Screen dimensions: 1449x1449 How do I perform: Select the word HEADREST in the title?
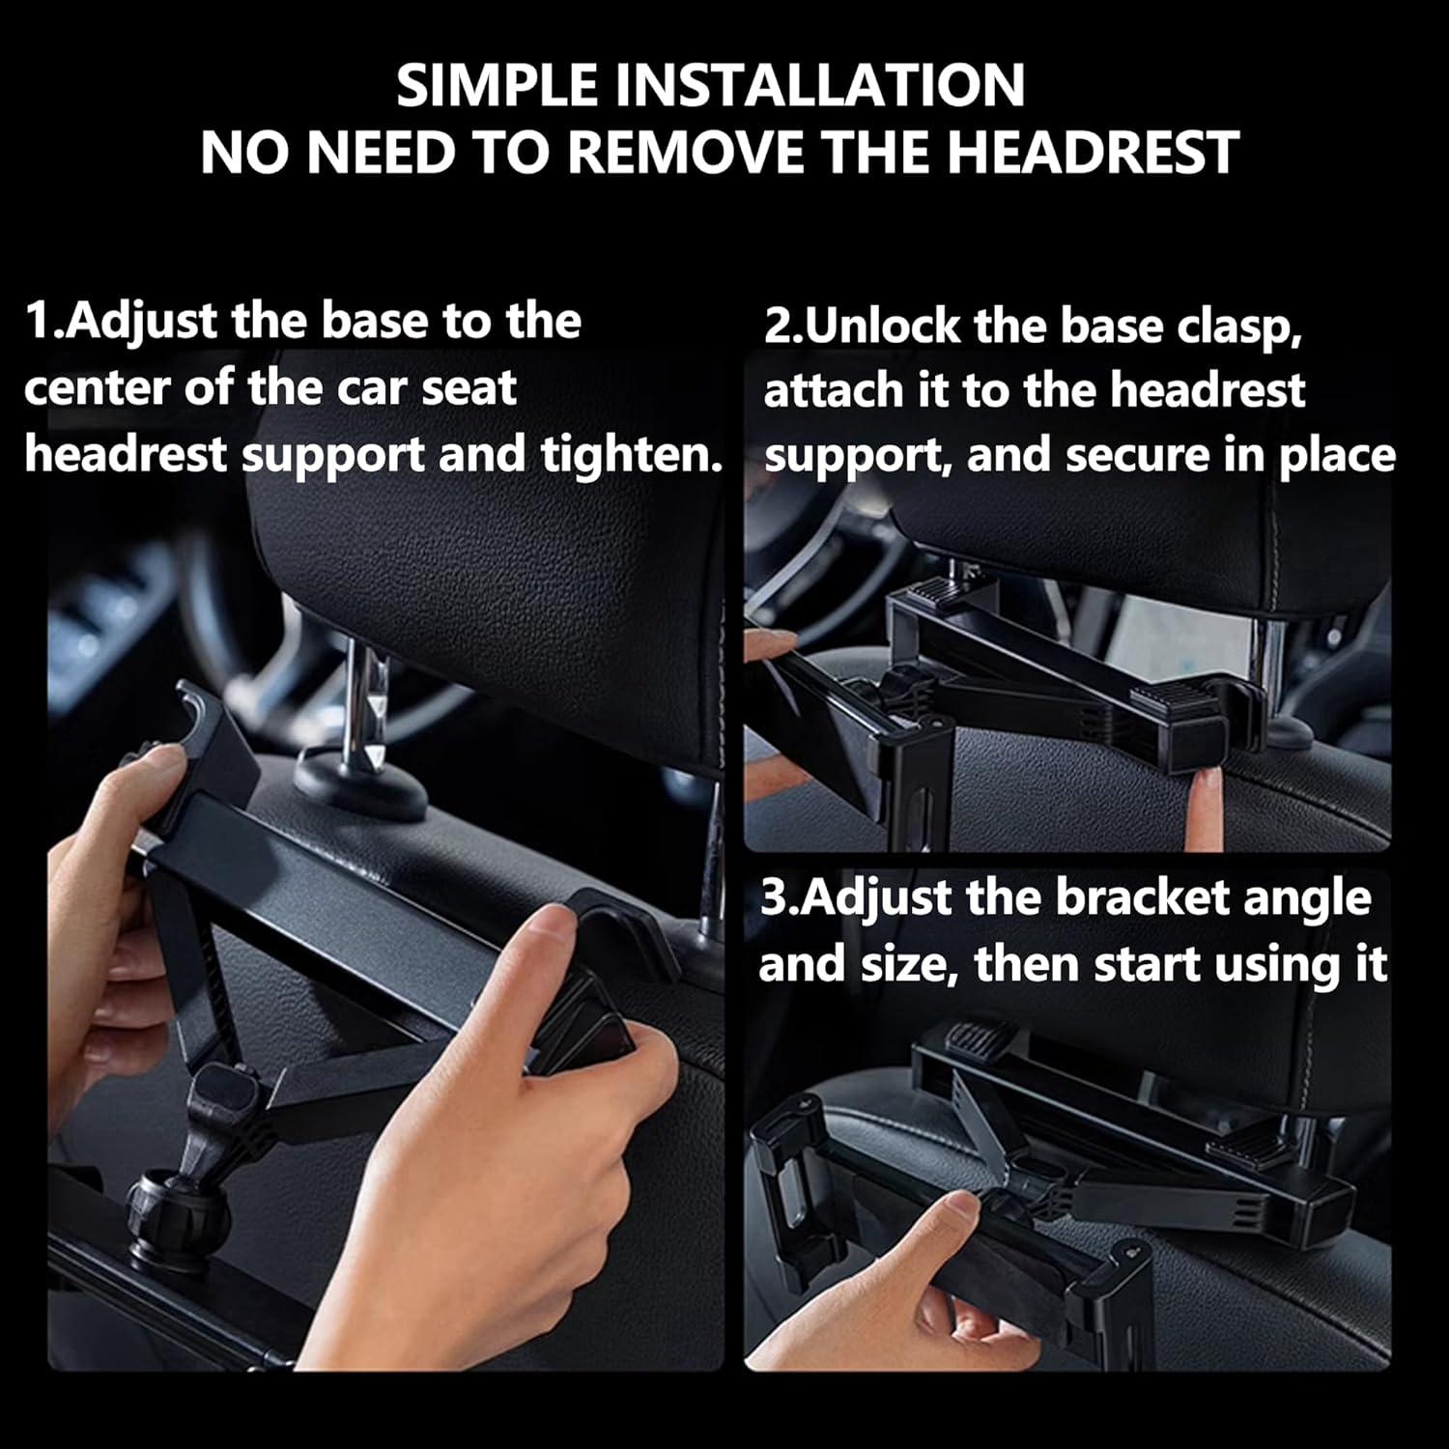(x=1093, y=153)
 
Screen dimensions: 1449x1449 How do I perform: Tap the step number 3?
(x=773, y=898)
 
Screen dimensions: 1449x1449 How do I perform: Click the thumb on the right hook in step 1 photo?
(x=551, y=932)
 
